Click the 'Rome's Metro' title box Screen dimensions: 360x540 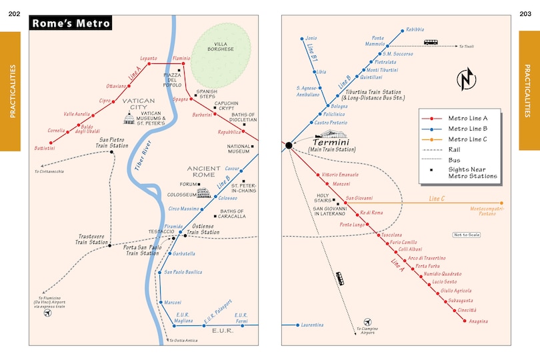[x=71, y=24]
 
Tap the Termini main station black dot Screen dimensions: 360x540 [x=289, y=145]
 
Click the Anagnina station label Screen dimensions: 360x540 [x=478, y=321]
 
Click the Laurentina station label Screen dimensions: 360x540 [x=312, y=325]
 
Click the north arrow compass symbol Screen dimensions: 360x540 [x=467, y=79]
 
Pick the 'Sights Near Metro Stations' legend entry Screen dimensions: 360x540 [x=472, y=172]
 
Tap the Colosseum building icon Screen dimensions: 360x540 [x=204, y=193]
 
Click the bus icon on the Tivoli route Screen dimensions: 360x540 [x=431, y=42]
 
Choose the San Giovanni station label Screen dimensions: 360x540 [x=359, y=197]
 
